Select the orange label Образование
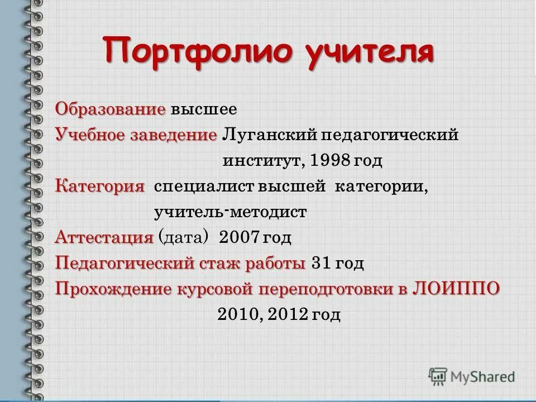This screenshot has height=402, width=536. click(x=111, y=108)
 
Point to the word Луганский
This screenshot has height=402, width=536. click(x=270, y=135)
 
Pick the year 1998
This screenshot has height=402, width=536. click(x=332, y=161)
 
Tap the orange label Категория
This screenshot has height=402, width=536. click(x=99, y=186)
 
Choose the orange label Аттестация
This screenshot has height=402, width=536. click(x=104, y=238)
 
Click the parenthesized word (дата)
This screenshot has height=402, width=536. click(x=184, y=238)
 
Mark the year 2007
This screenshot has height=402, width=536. click(x=240, y=238)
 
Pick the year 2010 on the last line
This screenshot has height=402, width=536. click(x=238, y=315)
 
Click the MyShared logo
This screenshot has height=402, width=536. click(x=472, y=376)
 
